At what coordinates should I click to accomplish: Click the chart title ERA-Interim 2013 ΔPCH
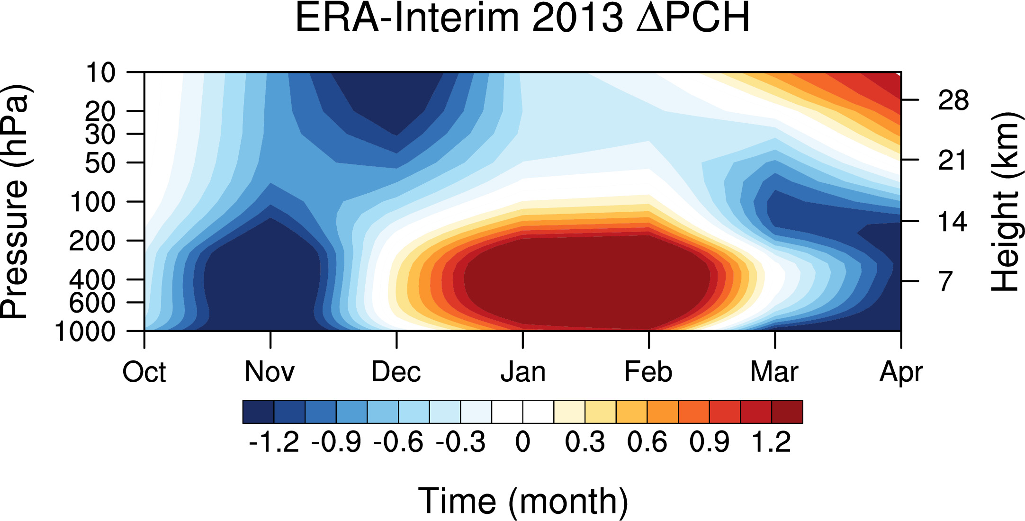point(522,18)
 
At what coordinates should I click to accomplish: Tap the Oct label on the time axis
point(144,372)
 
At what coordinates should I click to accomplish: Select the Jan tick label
point(523,372)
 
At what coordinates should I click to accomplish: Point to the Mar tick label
point(774,372)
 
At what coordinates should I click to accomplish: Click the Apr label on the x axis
point(901,373)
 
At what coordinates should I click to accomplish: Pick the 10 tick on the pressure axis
point(100,73)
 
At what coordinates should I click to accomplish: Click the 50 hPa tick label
point(100,163)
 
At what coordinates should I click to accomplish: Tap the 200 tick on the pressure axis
point(92,241)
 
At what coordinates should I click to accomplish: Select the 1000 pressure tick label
point(85,332)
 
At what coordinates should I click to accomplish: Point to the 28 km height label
point(953,101)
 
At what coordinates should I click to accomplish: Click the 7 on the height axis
point(945,281)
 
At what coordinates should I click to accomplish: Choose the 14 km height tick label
point(953,222)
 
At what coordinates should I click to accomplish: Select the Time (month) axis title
point(523,501)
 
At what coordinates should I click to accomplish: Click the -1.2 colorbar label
point(274,442)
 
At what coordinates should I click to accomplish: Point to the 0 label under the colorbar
point(522,442)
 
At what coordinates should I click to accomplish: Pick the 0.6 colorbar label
point(647,442)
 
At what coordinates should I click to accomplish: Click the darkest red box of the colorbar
point(787,412)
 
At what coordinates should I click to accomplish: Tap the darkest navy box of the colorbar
point(258,412)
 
